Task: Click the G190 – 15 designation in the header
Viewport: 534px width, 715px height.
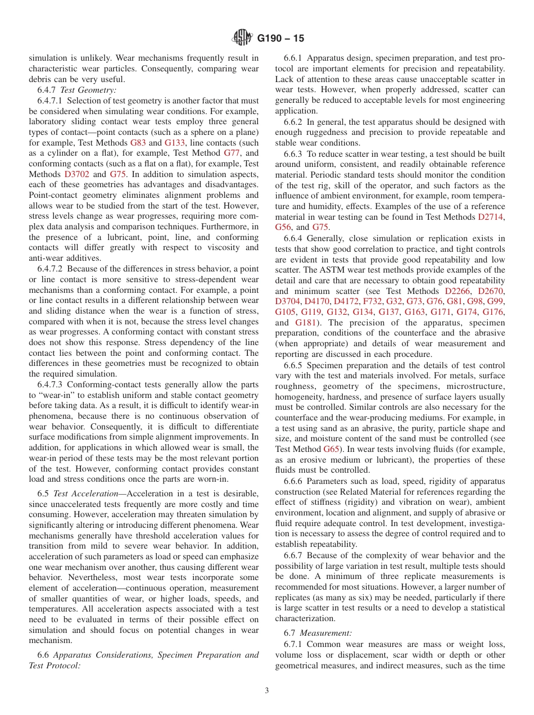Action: click(x=280, y=38)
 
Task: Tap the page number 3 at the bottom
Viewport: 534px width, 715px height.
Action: click(x=267, y=691)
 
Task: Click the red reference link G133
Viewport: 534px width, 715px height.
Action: click(x=175, y=143)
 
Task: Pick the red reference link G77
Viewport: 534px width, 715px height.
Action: click(x=233, y=153)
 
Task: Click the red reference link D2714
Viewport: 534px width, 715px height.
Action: click(x=491, y=217)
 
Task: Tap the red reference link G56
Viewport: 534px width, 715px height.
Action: click(x=284, y=227)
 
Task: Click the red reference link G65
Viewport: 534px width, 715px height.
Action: click(x=331, y=449)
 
